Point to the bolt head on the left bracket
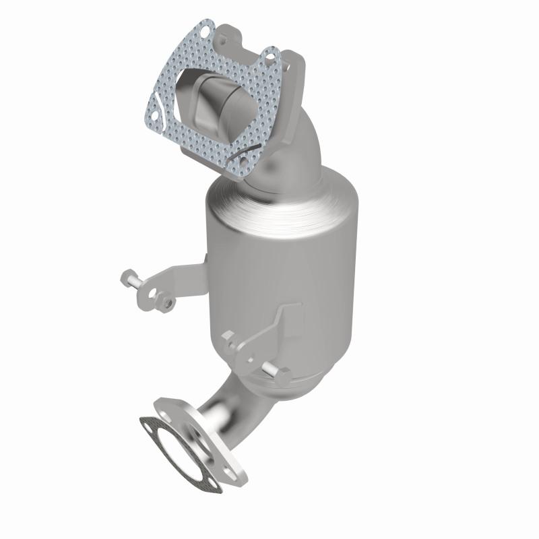click(x=128, y=277)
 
